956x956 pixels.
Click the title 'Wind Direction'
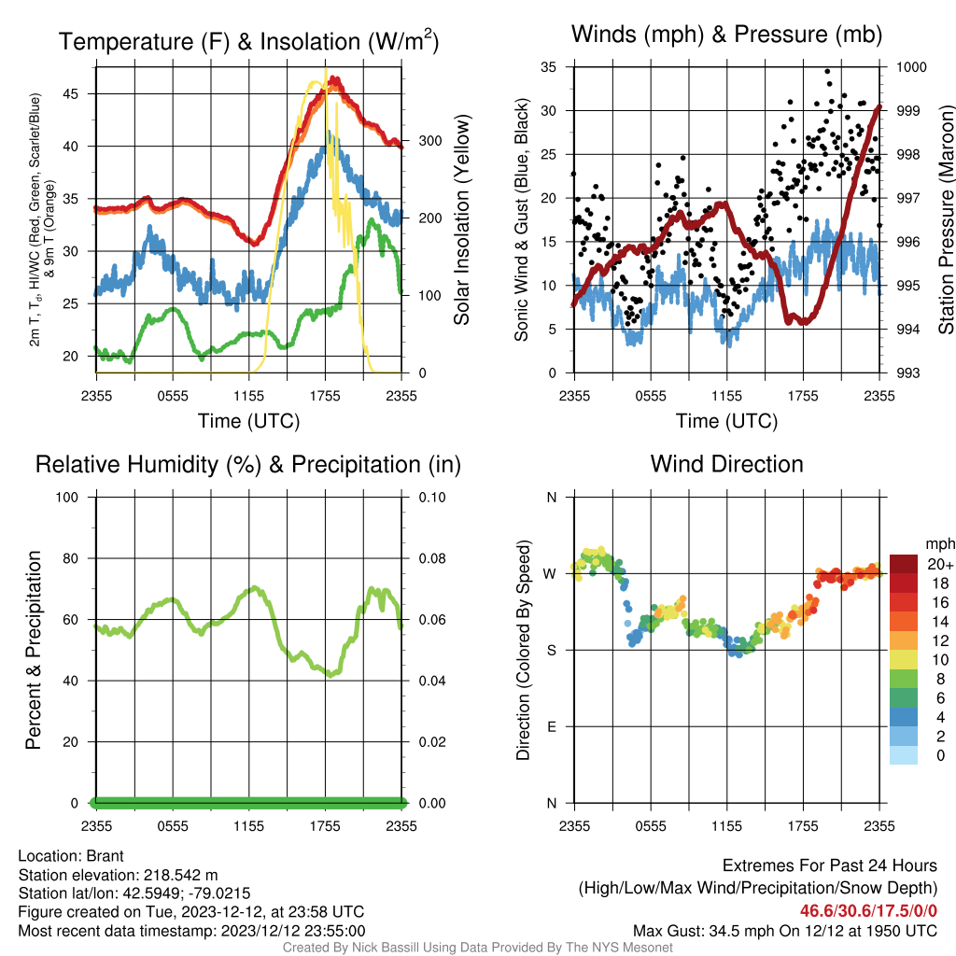(726, 464)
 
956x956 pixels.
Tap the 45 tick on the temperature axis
(70, 94)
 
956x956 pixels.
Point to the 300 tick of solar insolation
(429, 141)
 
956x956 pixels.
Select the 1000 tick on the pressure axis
(911, 67)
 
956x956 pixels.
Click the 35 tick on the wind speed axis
(548, 67)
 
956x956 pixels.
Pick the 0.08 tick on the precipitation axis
(432, 558)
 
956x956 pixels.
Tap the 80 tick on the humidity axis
(71, 558)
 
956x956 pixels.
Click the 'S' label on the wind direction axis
(551, 651)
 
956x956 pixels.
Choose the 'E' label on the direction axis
(551, 726)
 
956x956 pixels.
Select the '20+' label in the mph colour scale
(940, 565)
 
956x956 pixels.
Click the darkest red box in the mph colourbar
(904, 564)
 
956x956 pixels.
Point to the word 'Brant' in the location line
(105, 856)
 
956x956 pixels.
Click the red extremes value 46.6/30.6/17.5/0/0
(868, 911)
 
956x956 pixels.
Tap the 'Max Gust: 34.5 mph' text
(700, 931)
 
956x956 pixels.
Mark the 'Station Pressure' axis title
(946, 219)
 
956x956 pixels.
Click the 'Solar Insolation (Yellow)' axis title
(461, 219)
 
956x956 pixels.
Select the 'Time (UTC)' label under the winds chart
(726, 421)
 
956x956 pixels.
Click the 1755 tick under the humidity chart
(325, 826)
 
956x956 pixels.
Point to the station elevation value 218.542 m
(180, 875)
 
